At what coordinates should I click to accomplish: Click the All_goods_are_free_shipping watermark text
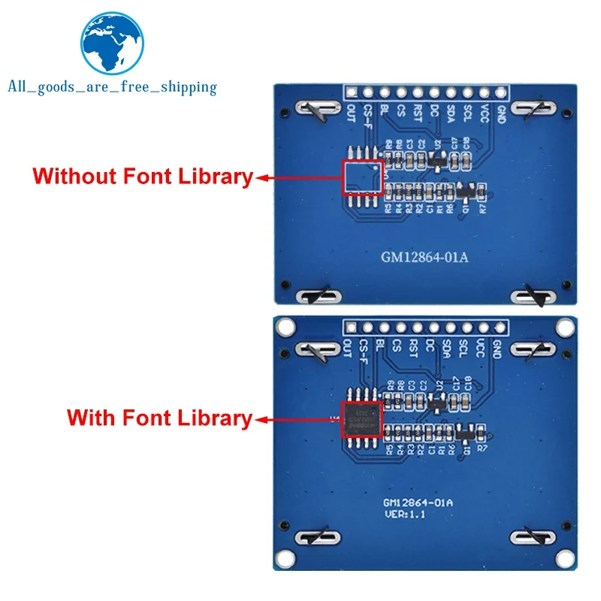coord(112,87)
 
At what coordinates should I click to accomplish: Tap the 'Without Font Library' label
coord(143,177)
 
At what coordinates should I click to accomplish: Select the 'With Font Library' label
coord(159,418)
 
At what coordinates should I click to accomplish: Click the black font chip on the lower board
coord(362,418)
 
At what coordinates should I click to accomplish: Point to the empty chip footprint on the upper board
coord(362,177)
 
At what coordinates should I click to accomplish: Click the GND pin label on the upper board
coord(497,115)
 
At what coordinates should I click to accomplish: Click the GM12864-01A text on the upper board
coord(424,258)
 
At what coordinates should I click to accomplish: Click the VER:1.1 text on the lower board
coord(406,515)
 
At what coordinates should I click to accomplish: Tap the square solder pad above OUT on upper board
coord(351,92)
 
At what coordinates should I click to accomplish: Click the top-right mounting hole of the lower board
coord(563,328)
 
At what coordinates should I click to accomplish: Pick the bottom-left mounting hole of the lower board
coord(284,560)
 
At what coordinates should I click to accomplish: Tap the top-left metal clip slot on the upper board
coord(314,110)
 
